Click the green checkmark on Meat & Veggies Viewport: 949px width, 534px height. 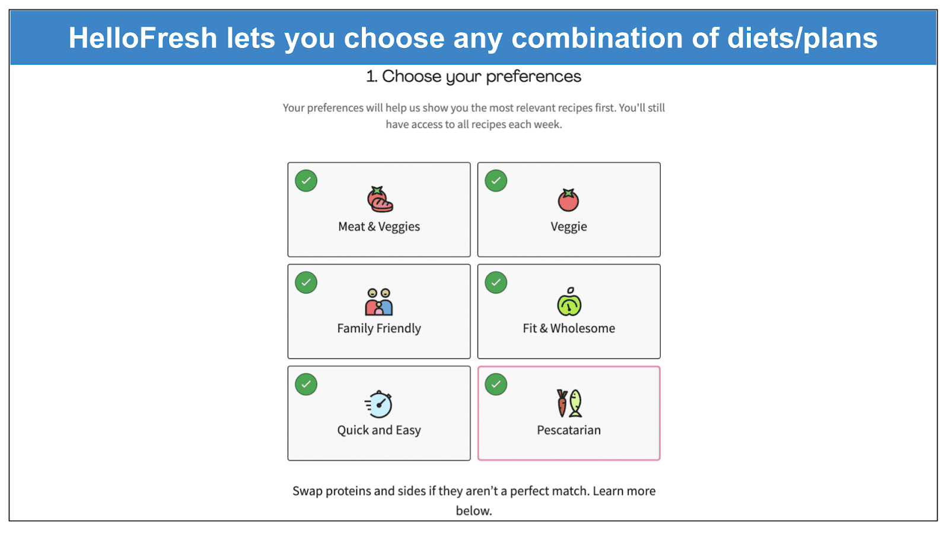[306, 180]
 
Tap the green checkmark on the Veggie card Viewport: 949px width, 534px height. [496, 180]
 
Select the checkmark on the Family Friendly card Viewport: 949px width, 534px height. [306, 282]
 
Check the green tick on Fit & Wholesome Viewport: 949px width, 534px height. [496, 282]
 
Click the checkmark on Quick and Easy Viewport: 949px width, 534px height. [306, 384]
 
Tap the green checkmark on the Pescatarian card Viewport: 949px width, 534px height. [496, 384]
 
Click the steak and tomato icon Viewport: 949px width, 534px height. [380, 199]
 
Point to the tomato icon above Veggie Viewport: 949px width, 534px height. [568, 199]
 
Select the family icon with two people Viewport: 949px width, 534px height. [379, 302]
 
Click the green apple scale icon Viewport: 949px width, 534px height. [569, 301]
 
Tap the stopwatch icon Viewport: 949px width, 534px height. [378, 404]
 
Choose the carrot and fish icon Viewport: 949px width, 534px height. [569, 403]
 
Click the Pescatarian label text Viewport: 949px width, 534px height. [569, 430]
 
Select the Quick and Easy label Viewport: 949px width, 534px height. [379, 430]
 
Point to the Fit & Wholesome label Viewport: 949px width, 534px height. [569, 328]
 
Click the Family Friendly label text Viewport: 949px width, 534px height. [379, 329]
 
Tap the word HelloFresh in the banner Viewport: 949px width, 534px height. [143, 38]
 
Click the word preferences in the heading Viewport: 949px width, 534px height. [533, 77]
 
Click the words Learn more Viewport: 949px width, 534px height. [624, 491]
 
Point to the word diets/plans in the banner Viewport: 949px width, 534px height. [802, 39]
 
